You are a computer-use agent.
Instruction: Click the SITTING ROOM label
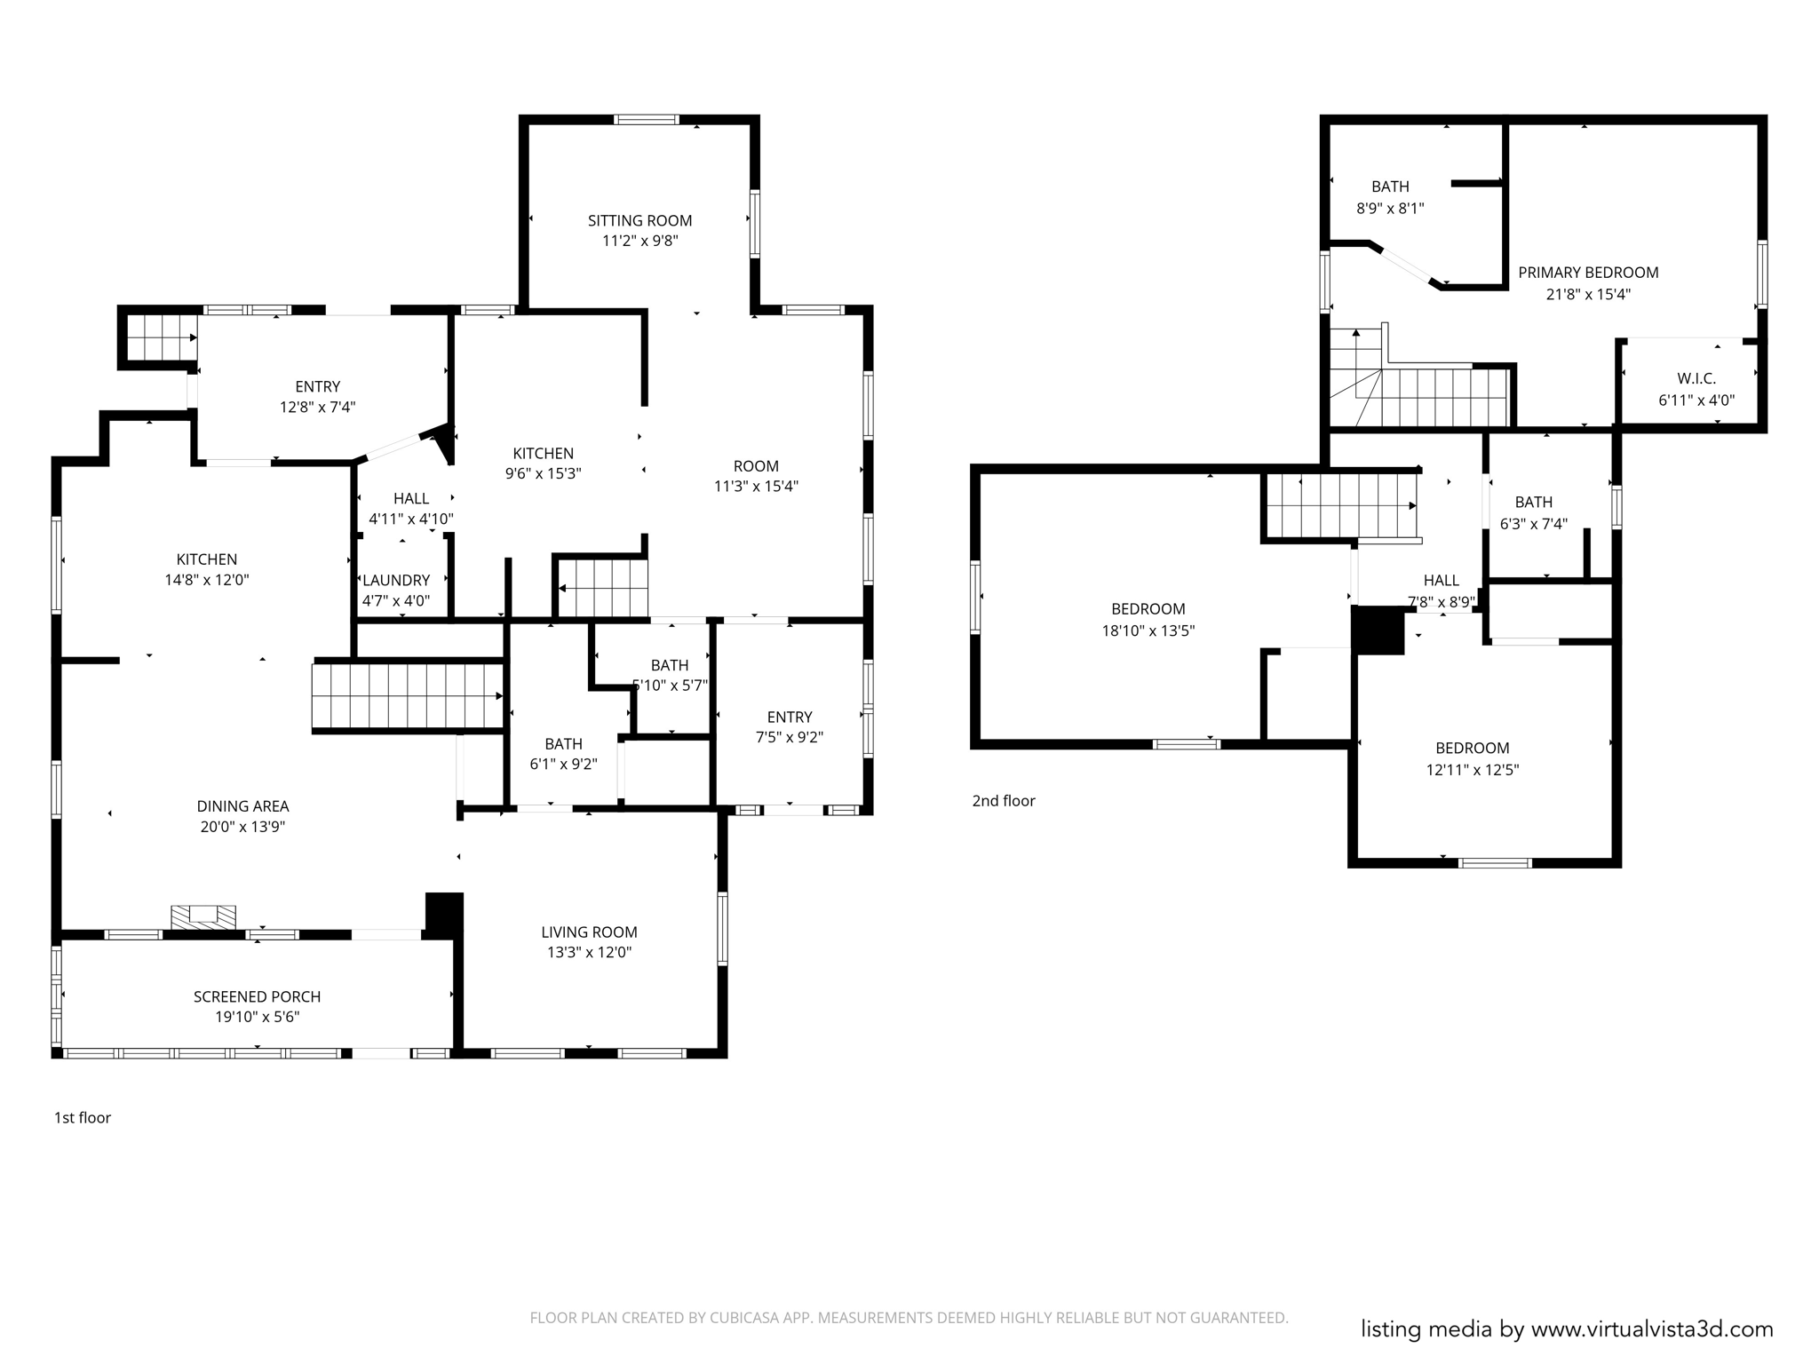coord(639,220)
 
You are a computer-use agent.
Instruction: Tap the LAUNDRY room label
coord(396,580)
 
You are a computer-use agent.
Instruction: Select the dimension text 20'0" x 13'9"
coord(242,827)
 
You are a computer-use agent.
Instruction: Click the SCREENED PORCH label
coord(257,996)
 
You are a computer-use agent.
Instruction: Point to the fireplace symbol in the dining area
coord(203,916)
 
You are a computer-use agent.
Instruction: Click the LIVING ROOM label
coord(589,932)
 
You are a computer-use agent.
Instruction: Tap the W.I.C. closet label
coord(1696,378)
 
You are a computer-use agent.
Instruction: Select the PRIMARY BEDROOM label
coord(1588,273)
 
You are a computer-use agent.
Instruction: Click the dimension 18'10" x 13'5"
coord(1148,630)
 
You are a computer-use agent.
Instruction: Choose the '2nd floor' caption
coord(1003,800)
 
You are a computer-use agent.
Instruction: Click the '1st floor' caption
coord(83,1117)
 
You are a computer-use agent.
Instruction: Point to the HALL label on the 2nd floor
coord(1441,580)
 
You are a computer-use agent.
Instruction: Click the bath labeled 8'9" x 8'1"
coord(1389,208)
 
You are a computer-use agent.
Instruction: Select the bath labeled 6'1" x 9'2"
coord(563,764)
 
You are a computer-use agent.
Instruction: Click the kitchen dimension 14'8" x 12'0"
coord(206,580)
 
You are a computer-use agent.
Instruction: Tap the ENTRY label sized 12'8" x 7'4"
coord(317,386)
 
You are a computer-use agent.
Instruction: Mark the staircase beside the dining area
coord(408,696)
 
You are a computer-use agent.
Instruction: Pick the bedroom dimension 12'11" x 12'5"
coord(1472,770)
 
